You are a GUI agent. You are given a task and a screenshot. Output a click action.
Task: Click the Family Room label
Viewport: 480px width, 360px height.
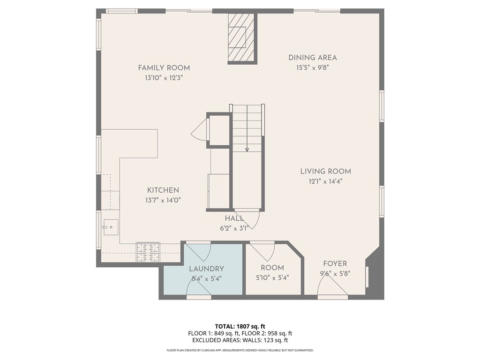164,68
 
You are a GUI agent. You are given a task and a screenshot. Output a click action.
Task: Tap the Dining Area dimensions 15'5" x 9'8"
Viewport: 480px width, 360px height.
312,67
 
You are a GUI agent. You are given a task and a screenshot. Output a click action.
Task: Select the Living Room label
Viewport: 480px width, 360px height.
325,172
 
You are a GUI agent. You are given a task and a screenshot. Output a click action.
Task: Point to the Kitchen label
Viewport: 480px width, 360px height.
163,190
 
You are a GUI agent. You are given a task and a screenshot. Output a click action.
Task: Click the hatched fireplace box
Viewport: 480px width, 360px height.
241,38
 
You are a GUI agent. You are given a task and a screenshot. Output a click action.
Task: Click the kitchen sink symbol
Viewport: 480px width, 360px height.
111,227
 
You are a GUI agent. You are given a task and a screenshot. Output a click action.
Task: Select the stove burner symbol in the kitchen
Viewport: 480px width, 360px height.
148,252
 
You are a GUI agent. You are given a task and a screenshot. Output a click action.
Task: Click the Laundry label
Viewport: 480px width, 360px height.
206,269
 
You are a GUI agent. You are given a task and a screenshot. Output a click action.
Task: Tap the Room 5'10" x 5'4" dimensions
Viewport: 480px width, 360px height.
272,278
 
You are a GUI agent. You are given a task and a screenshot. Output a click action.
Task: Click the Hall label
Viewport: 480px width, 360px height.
234,218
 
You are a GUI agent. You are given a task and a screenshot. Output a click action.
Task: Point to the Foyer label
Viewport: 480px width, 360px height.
335,263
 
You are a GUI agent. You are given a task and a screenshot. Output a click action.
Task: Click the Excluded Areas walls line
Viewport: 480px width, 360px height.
240,340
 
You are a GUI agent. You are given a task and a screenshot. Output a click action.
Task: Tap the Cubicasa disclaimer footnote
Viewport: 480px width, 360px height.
240,350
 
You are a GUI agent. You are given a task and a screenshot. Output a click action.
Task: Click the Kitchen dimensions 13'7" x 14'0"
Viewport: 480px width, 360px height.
163,201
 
